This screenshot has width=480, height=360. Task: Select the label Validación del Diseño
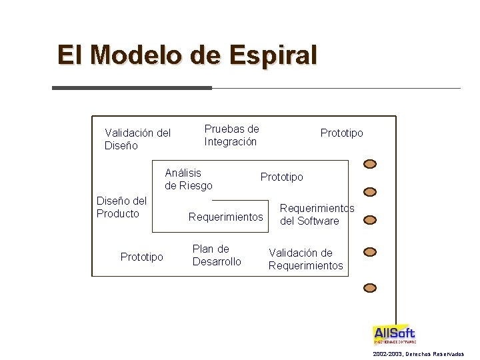[x=137, y=139]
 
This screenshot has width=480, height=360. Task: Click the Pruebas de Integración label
[x=231, y=135]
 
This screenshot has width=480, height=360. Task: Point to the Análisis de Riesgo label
[x=189, y=179]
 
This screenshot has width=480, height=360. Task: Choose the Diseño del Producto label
[x=121, y=207]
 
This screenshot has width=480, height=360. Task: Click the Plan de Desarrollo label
[x=217, y=255]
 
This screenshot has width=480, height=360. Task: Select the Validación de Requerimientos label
[x=305, y=259]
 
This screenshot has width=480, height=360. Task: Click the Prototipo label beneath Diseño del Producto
[x=141, y=257]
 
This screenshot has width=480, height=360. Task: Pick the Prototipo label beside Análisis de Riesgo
[x=281, y=177]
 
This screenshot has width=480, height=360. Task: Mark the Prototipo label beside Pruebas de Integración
[x=341, y=133]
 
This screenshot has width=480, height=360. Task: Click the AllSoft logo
[x=394, y=335]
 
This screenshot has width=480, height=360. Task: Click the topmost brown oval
[x=370, y=163]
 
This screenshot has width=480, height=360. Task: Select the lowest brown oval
[x=370, y=288]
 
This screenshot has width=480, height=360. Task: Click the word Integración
[x=231, y=141]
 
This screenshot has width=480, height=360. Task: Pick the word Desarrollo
[x=217, y=261]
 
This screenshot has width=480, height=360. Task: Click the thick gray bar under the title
[x=131, y=88]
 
